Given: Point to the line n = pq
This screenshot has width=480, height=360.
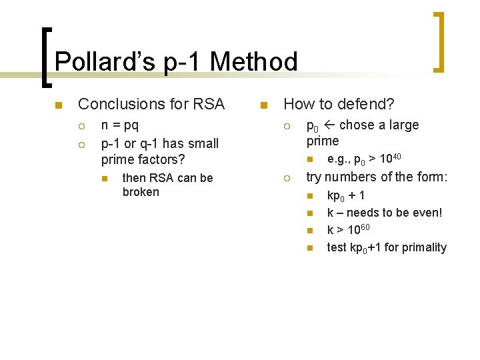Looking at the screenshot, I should pyautogui.click(x=120, y=125).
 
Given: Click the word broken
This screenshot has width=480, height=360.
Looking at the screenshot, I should pyautogui.click(x=141, y=192).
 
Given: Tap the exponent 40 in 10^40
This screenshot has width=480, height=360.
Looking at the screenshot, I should pyautogui.click(x=395, y=155).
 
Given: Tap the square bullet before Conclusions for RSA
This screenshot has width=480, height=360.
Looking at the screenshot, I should pyautogui.click(x=58, y=105).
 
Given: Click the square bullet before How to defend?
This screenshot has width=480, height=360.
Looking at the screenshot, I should pyautogui.click(x=263, y=105).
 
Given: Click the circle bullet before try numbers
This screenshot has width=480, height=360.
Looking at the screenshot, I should pyautogui.click(x=285, y=178).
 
